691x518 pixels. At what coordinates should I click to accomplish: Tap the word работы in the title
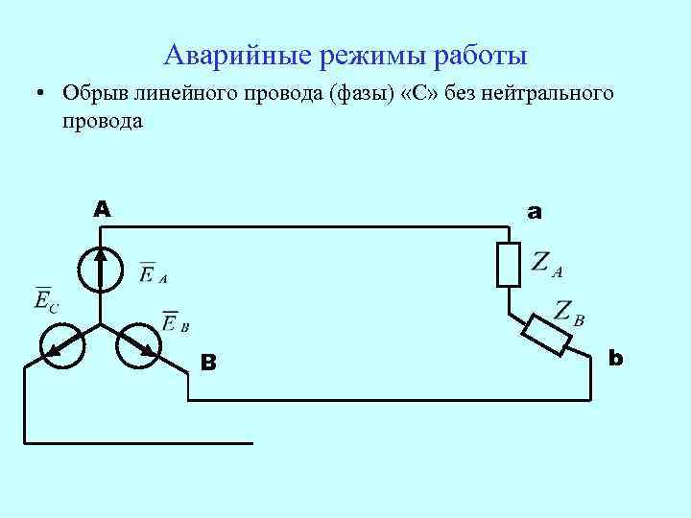point(475,56)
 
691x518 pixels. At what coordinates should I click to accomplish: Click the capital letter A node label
point(102,208)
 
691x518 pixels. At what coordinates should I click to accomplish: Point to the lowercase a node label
point(535,211)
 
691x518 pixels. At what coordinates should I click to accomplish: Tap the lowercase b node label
point(616,358)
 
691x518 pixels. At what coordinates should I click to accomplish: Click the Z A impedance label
point(546,263)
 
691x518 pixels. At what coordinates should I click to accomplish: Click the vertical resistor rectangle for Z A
point(508,264)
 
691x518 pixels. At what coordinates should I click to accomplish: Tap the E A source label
point(153,274)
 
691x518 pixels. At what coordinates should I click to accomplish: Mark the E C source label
point(46,300)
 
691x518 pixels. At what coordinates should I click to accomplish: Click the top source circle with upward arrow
point(101,269)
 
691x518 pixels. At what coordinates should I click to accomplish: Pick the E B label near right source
point(175,322)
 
